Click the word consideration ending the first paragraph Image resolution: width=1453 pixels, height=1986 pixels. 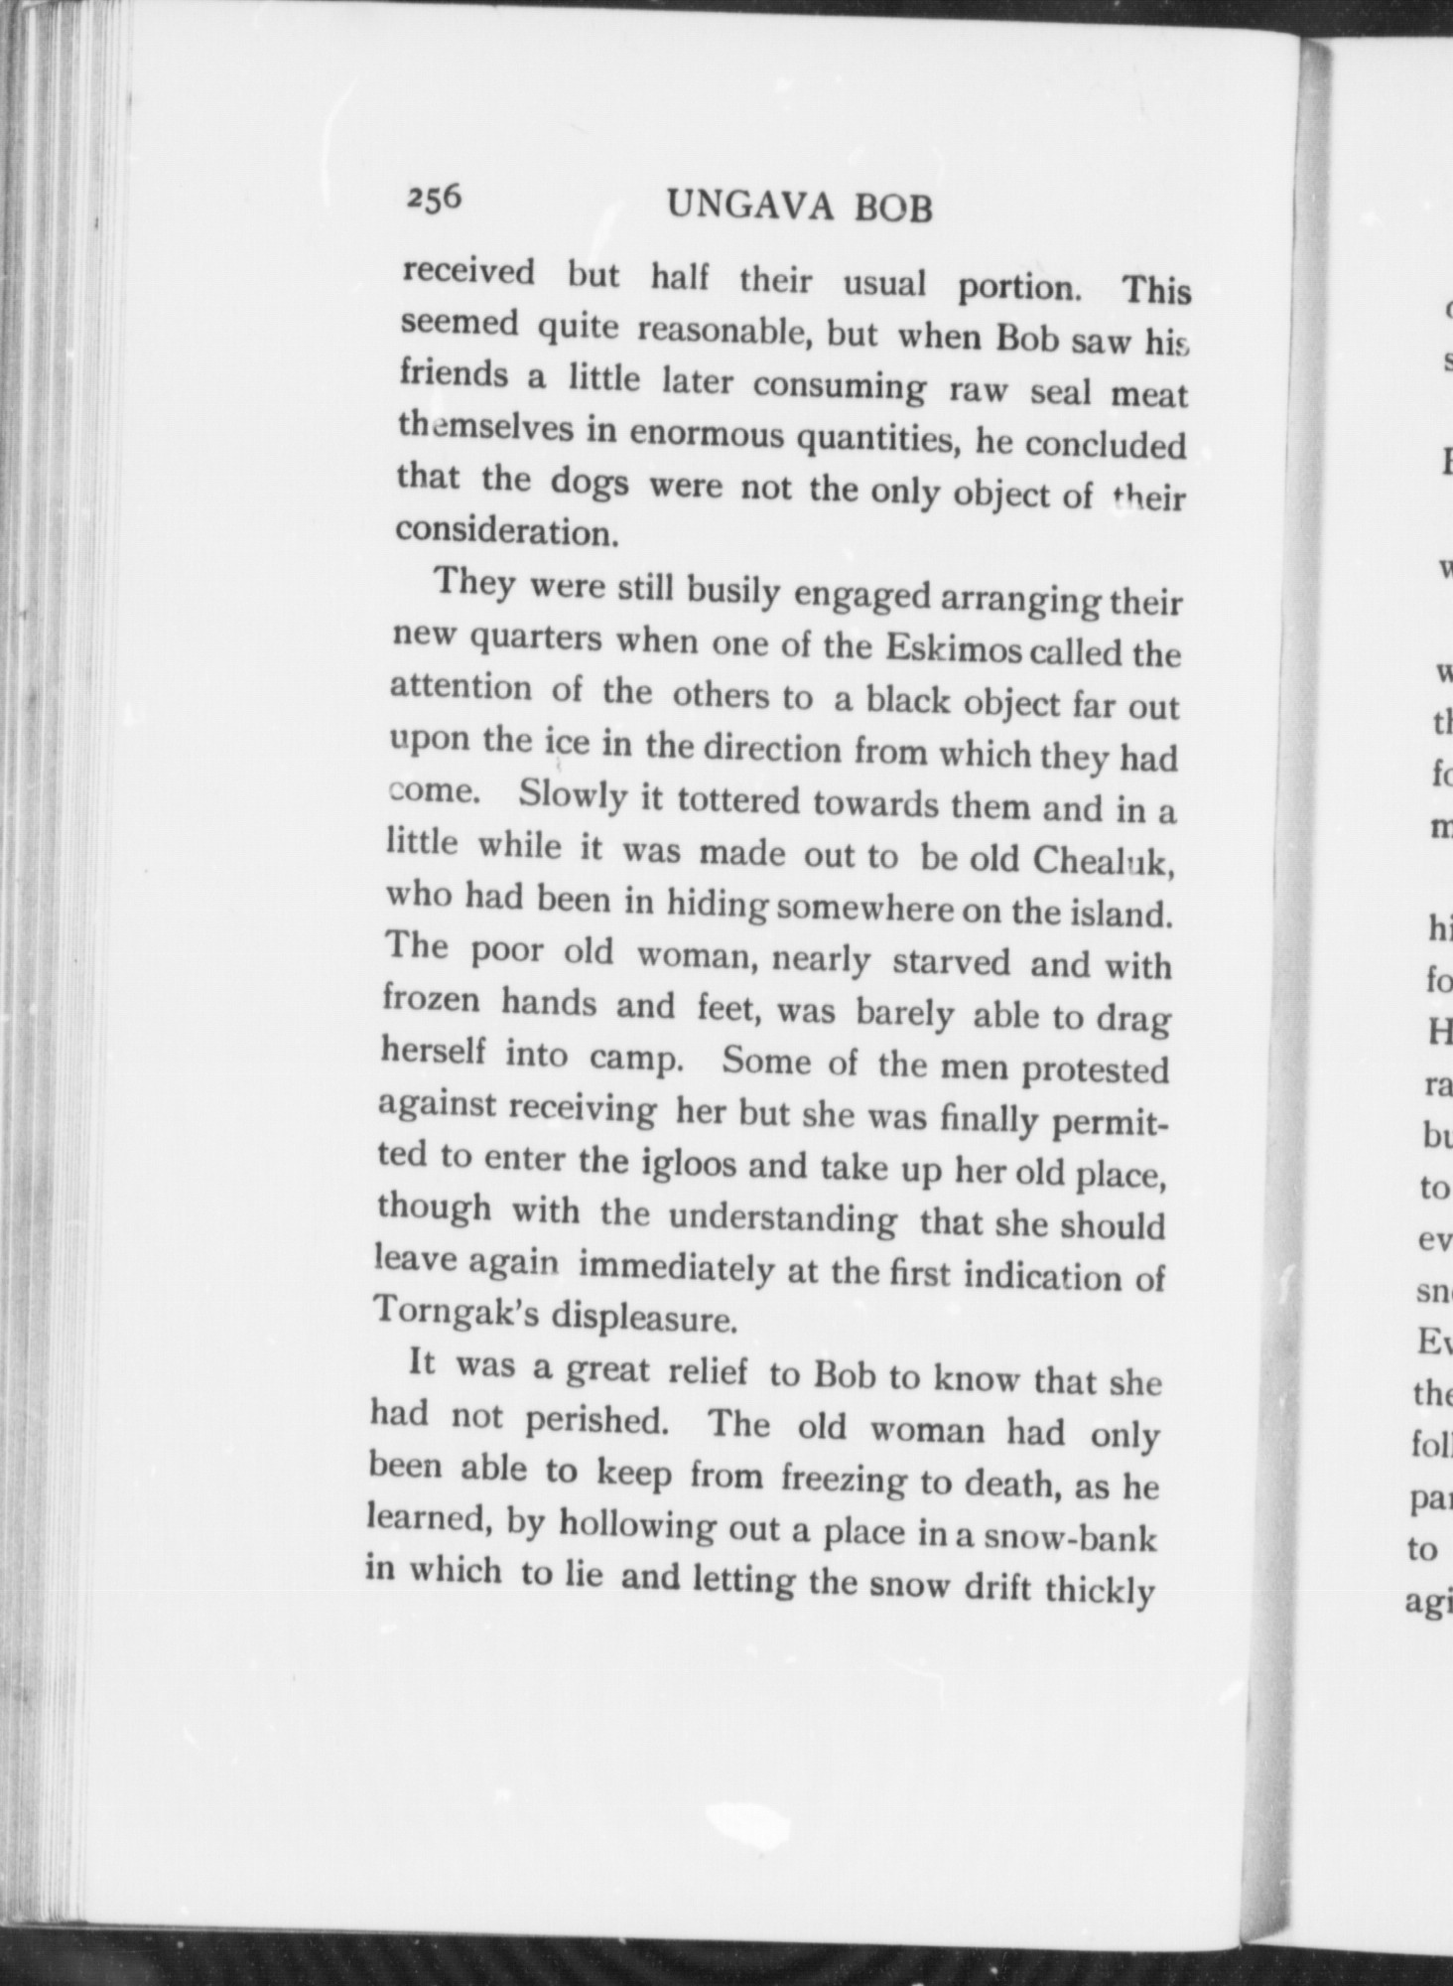507,532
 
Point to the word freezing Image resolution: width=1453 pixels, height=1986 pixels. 844,1481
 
